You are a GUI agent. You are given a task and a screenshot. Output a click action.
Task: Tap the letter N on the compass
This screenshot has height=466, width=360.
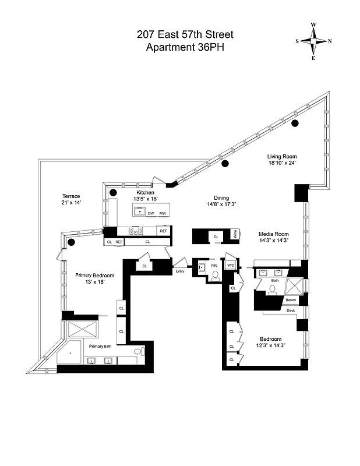pyautogui.click(x=330, y=41)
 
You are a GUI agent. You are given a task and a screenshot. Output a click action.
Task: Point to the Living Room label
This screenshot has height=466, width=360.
pyautogui.click(x=282, y=156)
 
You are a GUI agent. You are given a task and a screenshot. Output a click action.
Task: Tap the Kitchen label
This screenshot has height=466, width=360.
pyautogui.click(x=145, y=192)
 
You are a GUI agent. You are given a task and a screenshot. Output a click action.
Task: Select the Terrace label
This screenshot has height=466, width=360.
pyautogui.click(x=71, y=196)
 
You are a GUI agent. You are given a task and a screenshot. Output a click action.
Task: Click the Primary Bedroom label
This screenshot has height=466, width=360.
pyautogui.click(x=94, y=276)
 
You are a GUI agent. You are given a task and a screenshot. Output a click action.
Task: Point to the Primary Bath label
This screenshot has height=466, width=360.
pyautogui.click(x=100, y=346)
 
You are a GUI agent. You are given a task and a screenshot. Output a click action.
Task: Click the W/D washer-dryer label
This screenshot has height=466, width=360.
pyautogui.click(x=231, y=266)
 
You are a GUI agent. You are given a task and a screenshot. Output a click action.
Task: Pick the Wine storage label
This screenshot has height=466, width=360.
pyautogui.click(x=234, y=235)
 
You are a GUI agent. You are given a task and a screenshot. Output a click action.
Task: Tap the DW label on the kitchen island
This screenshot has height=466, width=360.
pyautogui.click(x=151, y=213)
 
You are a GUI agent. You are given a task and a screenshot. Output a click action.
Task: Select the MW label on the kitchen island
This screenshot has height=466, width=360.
pyautogui.click(x=163, y=213)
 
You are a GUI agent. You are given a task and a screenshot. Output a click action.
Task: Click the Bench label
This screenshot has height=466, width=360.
pyautogui.click(x=291, y=300)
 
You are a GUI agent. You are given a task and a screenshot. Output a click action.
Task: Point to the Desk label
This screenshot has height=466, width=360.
pyautogui.click(x=291, y=310)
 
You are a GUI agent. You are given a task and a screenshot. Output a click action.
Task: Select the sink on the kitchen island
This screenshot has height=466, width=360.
pyautogui.click(x=140, y=212)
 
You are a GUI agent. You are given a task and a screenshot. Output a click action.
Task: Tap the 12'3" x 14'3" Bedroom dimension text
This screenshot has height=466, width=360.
pyautogui.click(x=270, y=345)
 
